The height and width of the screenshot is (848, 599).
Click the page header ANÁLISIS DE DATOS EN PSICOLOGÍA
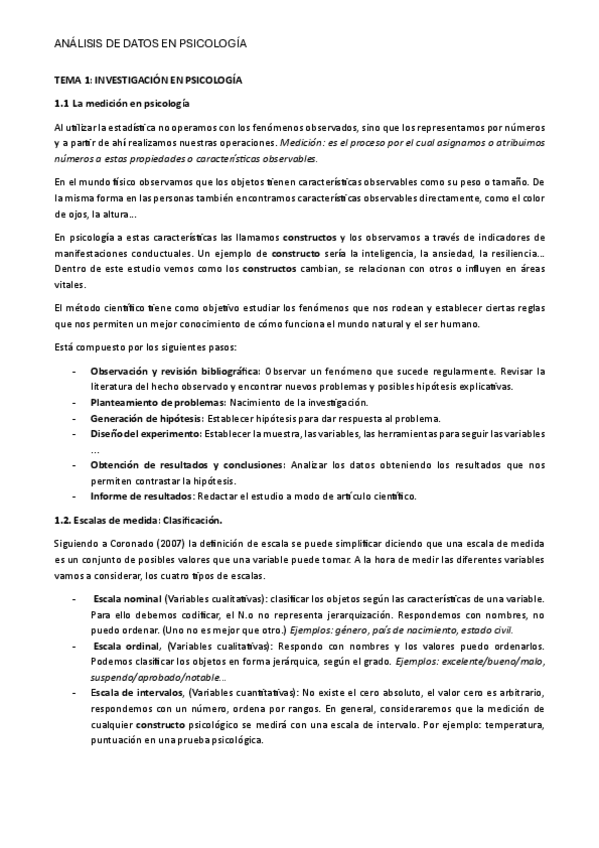(150, 44)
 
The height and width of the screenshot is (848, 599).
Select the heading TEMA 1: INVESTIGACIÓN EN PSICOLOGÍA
(148, 78)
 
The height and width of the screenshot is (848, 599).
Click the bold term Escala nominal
(127, 597)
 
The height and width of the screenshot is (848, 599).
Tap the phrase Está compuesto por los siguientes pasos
(145, 346)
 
